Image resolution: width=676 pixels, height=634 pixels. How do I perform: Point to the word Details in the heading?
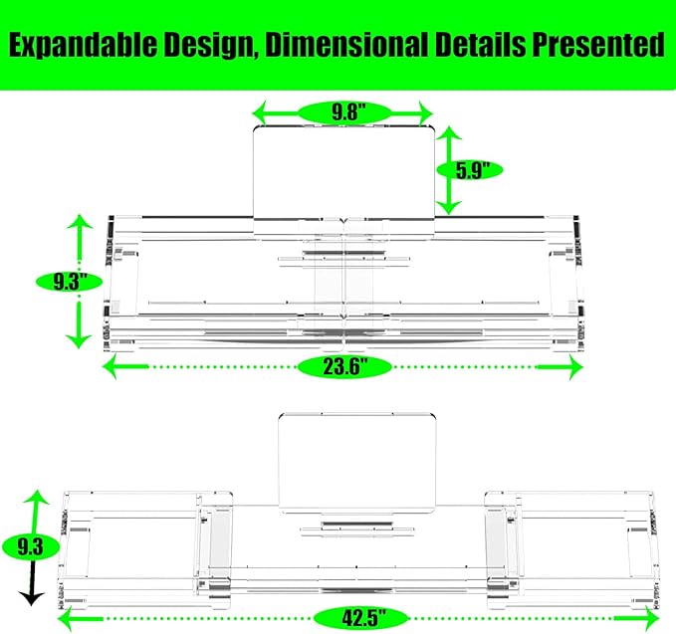coord(480,45)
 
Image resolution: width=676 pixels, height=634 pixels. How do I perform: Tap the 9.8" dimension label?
coord(344,112)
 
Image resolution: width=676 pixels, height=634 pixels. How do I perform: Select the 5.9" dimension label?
coord(470,170)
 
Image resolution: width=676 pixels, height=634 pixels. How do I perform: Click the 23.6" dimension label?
coord(344,367)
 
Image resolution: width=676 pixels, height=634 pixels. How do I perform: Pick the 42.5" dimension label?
coord(361,618)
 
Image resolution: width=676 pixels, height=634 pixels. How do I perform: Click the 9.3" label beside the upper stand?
coord(69,283)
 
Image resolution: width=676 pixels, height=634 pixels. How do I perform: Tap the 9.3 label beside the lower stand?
coord(30,547)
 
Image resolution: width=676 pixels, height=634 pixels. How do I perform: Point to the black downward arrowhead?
coord(32,599)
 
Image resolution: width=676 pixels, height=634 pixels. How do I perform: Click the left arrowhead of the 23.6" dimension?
coord(111,367)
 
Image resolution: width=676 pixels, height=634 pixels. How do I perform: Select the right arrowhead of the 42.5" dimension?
coord(651,619)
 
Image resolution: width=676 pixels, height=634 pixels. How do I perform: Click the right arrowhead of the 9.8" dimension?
coord(425,113)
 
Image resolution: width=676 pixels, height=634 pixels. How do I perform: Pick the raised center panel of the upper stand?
coord(343,172)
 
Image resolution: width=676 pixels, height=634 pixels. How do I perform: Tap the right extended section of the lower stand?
coord(572,548)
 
